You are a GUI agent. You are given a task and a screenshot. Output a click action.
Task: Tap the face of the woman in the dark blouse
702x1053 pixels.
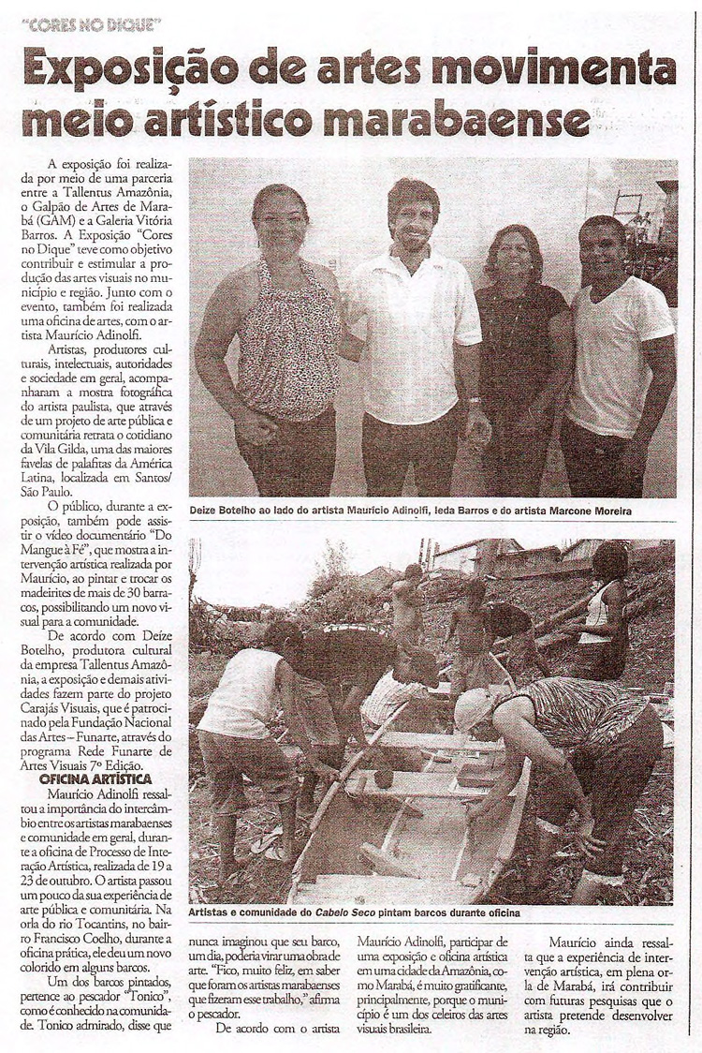pyautogui.click(x=511, y=256)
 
